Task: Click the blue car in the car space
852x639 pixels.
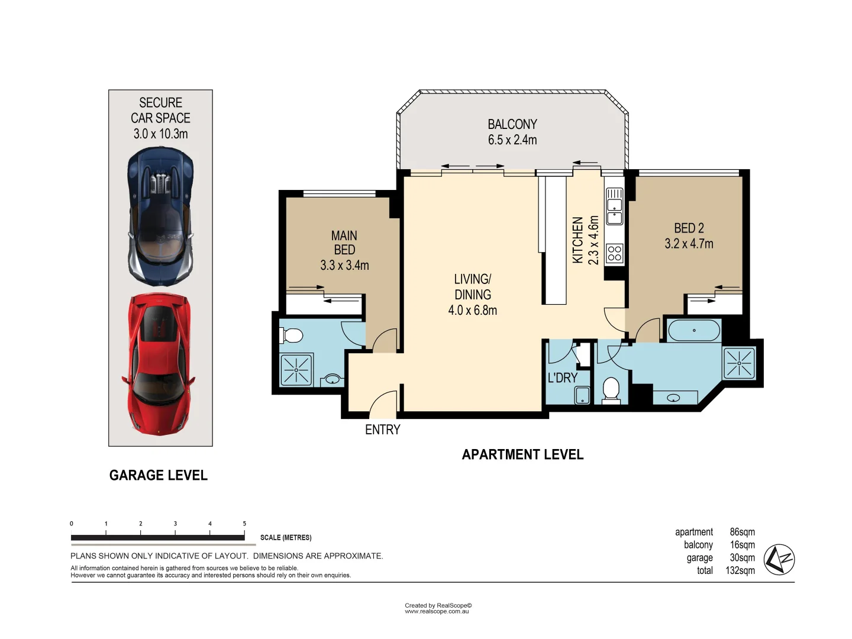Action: coord(160,216)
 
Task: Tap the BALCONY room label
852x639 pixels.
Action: coord(512,124)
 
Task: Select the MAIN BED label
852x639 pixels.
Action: coord(344,243)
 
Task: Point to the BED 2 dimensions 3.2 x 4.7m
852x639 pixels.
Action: coord(689,244)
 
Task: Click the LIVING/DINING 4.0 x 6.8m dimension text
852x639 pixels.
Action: coord(472,310)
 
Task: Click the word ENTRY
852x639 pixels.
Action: coord(382,430)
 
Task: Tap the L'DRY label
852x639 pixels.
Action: coord(562,377)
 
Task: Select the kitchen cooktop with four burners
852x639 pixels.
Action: coord(615,253)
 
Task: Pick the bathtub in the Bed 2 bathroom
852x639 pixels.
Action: coord(694,330)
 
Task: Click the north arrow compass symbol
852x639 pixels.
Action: coord(779,559)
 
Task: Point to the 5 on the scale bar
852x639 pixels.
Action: coord(244,524)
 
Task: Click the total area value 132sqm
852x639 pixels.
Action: coord(740,571)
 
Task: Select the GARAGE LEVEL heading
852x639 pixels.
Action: coord(159,476)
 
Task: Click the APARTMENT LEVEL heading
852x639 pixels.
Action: coord(522,455)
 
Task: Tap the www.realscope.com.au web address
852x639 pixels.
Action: coord(437,612)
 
